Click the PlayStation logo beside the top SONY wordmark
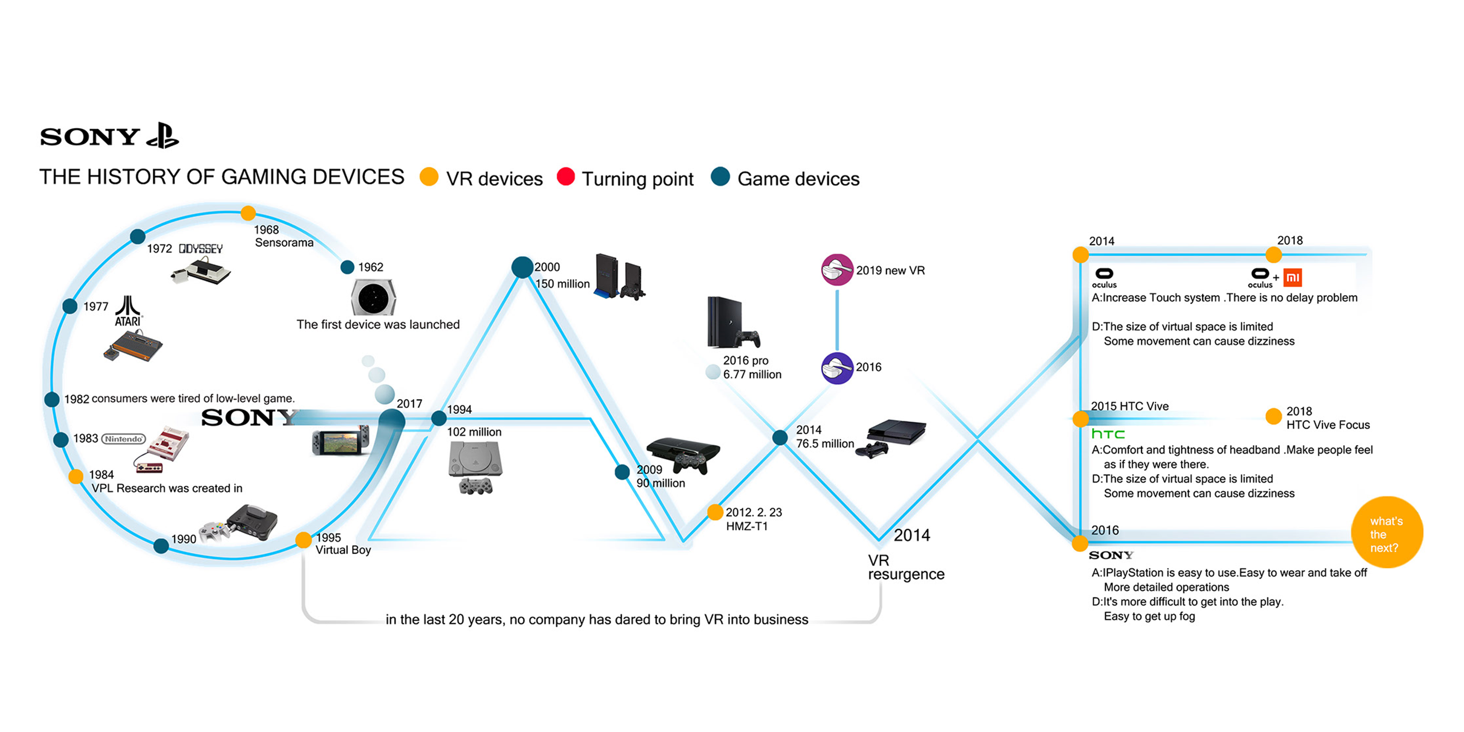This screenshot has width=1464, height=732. (163, 136)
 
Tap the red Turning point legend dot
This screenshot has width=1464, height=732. (565, 177)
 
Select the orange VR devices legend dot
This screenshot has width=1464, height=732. (429, 177)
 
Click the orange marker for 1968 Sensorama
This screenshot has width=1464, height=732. (248, 213)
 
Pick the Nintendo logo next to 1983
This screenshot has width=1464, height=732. (123, 439)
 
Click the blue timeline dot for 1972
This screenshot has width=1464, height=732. (138, 236)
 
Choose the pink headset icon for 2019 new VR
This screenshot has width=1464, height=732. (836, 270)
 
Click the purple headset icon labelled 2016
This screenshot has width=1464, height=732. (836, 368)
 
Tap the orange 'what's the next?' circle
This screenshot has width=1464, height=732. (1387, 533)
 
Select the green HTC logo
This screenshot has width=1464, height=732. (1108, 434)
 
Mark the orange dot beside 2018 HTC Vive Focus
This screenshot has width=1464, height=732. (1274, 416)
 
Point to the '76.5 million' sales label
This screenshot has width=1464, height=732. (825, 444)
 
